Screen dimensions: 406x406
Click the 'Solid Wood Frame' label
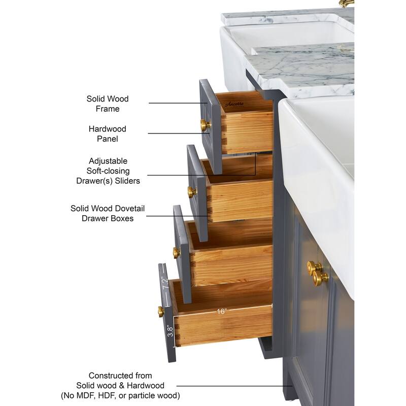click(108, 104)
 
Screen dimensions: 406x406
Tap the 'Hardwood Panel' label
click(108, 133)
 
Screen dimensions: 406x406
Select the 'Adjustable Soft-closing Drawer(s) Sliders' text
click(108, 171)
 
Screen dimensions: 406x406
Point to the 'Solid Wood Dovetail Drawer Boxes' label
click(108, 213)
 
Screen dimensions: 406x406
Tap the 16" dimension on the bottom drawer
click(222, 311)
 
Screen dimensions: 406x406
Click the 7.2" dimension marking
click(165, 283)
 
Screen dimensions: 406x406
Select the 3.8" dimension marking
click(170, 331)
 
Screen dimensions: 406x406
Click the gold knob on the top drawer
click(206, 125)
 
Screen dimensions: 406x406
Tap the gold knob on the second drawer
click(192, 192)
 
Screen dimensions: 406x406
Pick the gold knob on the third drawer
click(177, 252)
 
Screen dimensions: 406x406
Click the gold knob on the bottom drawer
click(161, 312)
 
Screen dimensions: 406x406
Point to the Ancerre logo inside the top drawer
click(234, 104)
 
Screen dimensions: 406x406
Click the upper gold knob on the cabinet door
click(314, 268)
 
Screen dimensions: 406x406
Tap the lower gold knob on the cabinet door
click(321, 278)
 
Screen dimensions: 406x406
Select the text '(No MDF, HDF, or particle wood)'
click(120, 395)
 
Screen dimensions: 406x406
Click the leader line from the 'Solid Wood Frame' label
click(178, 103)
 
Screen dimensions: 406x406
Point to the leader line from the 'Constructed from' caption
click(234, 386)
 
